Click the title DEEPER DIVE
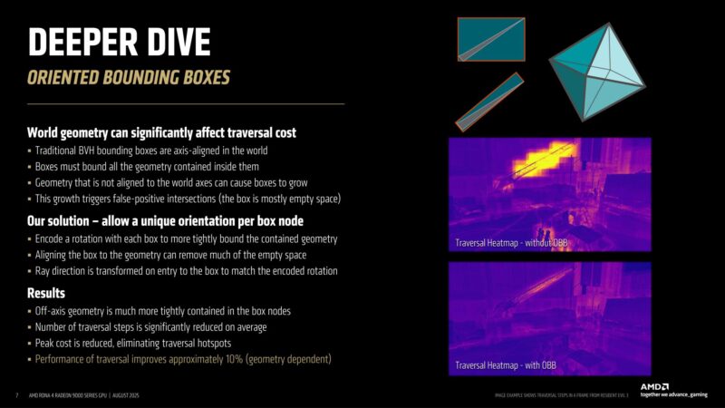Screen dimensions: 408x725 click(x=119, y=41)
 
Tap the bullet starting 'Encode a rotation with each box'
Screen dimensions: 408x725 click(x=185, y=239)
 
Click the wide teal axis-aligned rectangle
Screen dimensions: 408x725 click(x=490, y=41)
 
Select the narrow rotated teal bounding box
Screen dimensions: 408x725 click(x=489, y=102)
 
